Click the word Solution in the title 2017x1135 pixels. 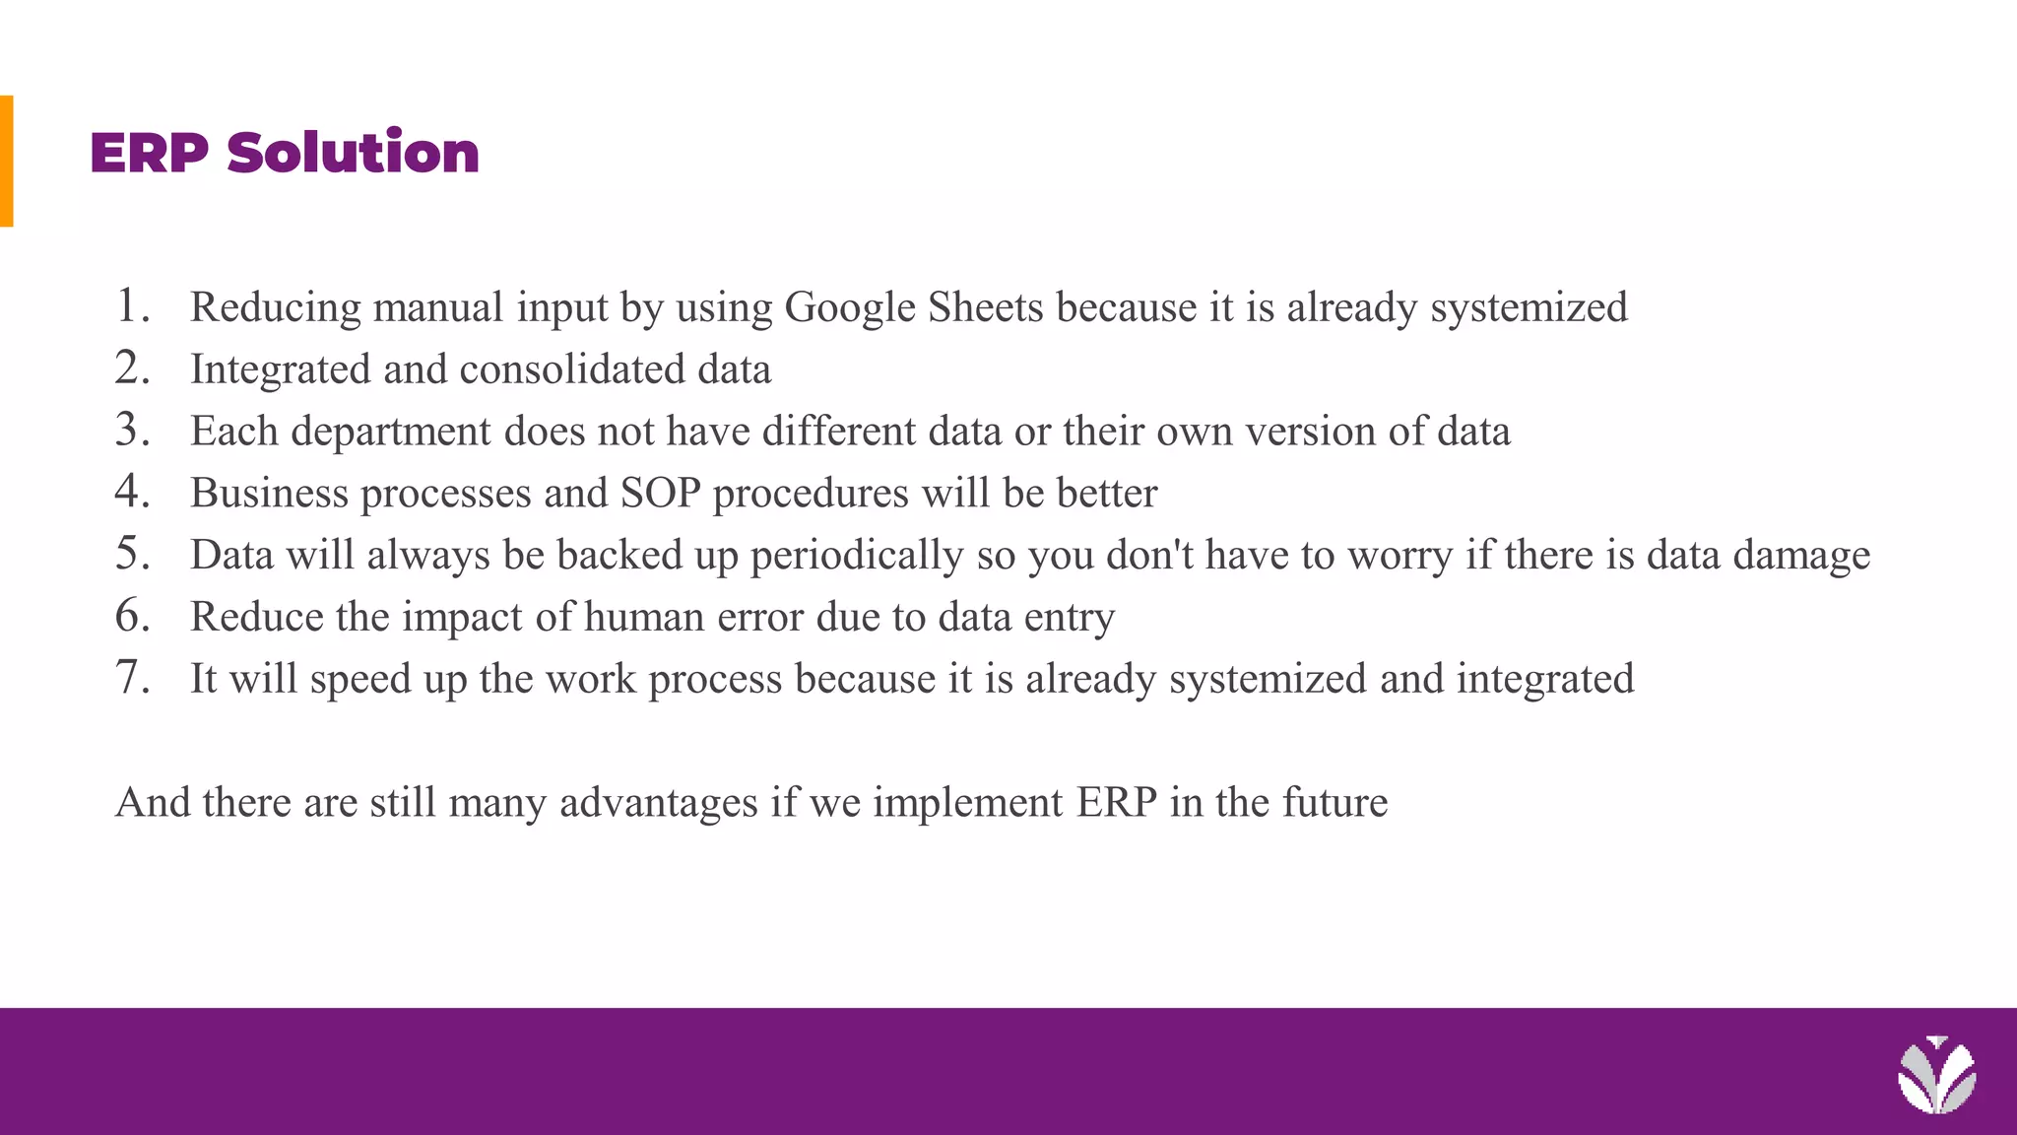pyautogui.click(x=353, y=154)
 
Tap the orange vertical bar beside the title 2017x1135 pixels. pyautogui.click(x=6, y=161)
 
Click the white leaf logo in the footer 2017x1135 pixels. pyautogui.click(x=1936, y=1076)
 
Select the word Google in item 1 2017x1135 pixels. pyautogui.click(x=850, y=308)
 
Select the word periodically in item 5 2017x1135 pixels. pyautogui.click(x=857, y=556)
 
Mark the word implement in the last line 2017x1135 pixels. pyautogui.click(x=968, y=803)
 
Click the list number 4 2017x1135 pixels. pyautogui.click(x=132, y=491)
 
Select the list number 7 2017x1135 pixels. pyautogui.click(x=132, y=677)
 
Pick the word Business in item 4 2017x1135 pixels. pyautogui.click(x=269, y=493)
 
